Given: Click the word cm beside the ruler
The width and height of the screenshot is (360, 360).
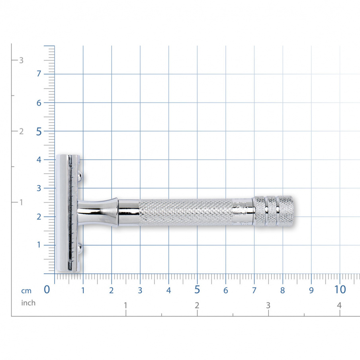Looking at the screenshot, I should (x=26, y=291).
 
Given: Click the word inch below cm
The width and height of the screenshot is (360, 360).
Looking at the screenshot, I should (x=28, y=303).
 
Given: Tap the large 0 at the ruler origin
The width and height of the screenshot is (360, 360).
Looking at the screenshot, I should (x=47, y=290).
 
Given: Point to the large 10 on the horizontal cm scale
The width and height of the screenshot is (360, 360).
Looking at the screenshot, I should (x=340, y=290).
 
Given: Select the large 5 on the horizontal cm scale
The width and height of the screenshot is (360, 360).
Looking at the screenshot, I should (x=197, y=290).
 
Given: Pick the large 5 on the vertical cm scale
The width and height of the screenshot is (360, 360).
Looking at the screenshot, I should (x=39, y=131).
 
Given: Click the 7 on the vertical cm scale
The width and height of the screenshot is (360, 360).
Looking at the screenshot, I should (x=39, y=74).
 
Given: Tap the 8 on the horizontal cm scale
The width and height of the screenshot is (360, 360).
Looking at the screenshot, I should (x=282, y=291).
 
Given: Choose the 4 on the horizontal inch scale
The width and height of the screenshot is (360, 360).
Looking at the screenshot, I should (x=339, y=305).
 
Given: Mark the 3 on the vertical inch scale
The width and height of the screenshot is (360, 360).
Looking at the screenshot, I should (x=22, y=61).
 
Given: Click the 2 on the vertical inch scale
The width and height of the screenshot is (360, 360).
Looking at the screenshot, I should (x=22, y=131).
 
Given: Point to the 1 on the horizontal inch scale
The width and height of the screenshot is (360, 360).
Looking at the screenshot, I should (x=125, y=305).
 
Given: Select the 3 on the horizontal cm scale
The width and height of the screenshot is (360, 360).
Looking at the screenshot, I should (x=140, y=291).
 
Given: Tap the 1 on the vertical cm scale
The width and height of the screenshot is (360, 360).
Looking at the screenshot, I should (x=39, y=245).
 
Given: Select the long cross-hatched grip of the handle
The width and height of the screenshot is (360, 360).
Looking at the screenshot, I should (x=187, y=212).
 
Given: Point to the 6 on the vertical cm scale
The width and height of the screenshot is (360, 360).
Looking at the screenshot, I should (x=39, y=103).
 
